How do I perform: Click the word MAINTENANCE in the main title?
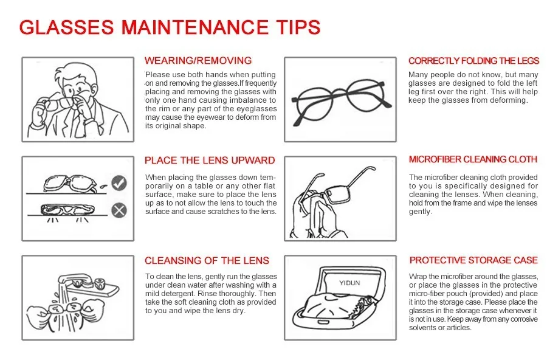point(195,27)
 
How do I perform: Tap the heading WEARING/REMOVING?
point(198,60)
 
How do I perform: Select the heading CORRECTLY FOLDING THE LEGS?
point(473,61)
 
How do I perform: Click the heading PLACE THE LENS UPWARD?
point(210,161)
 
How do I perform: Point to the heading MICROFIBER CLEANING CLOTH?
point(473,159)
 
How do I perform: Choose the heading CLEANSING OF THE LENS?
point(207,260)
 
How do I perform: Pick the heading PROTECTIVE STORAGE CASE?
point(473,260)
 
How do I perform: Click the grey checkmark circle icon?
point(119,183)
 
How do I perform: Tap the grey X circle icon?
point(119,210)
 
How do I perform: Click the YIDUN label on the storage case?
point(349,283)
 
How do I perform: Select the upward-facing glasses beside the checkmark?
point(70,184)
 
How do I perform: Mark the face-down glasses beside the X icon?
point(67,210)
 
